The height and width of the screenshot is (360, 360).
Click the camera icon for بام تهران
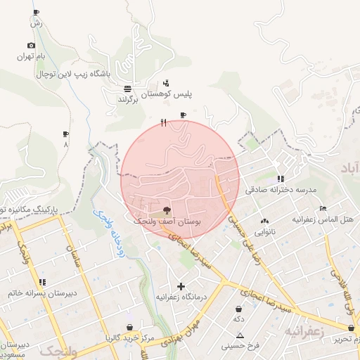pos(31,46)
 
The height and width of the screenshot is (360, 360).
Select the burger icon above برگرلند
pos(127,89)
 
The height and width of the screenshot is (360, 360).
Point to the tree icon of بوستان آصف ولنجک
pos(167,210)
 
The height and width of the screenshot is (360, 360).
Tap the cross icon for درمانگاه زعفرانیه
pos(181,286)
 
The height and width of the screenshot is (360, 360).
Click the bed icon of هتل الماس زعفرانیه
pos(323,208)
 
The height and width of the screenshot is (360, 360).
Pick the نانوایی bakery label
pos(264,231)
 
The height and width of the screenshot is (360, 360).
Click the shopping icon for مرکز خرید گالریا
pos(130,327)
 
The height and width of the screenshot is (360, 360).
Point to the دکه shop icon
pos(239,309)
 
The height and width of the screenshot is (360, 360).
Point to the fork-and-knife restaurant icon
pos(164,122)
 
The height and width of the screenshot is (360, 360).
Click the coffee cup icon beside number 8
pos(66,134)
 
